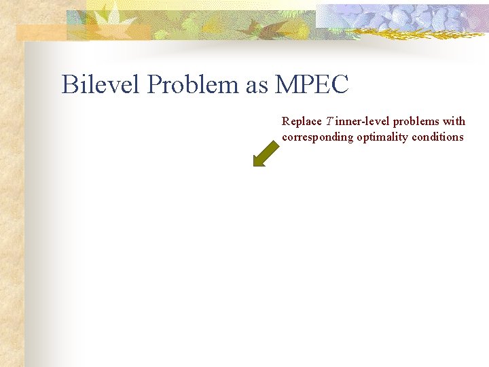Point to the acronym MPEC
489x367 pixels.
(312, 85)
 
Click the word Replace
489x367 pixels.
(302, 122)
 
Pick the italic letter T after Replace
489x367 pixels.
(328, 122)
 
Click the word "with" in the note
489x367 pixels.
(454, 122)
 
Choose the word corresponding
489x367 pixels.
(318, 137)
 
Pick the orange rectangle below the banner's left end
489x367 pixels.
(41, 33)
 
